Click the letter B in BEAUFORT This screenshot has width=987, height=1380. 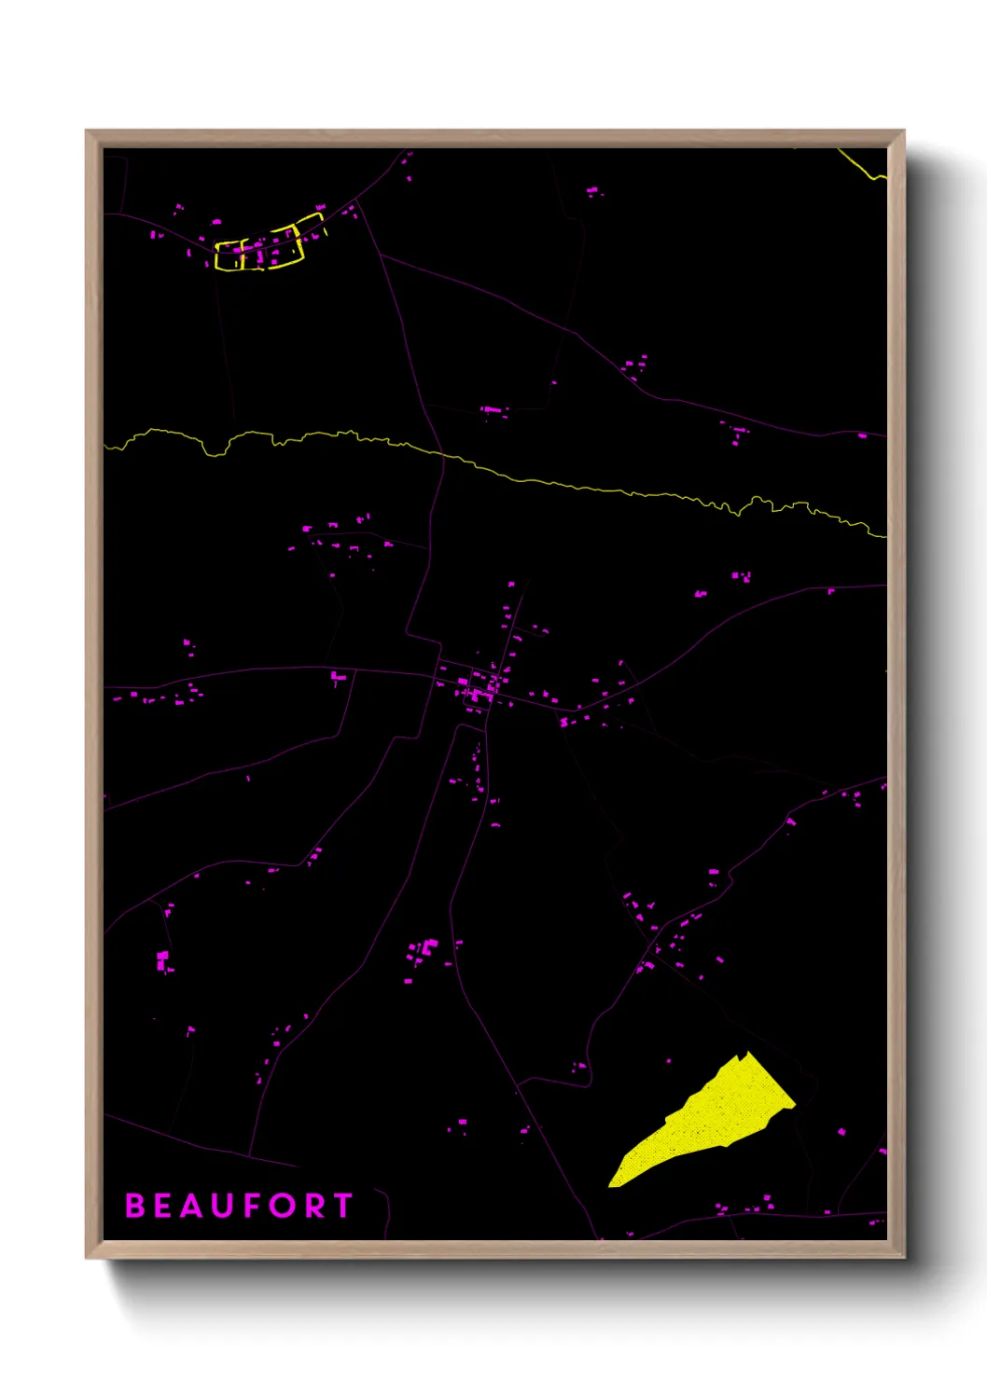[135, 1206]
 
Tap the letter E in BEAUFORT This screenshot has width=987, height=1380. [164, 1206]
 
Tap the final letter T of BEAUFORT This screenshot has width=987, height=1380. [342, 1206]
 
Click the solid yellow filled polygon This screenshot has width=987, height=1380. [718, 1119]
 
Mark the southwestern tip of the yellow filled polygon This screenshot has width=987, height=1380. [611, 1185]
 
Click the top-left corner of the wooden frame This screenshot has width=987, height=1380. [88, 132]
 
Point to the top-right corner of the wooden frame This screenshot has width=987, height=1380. [902, 132]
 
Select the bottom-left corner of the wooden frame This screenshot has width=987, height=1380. [88, 1256]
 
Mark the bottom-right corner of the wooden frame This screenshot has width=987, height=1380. [902, 1256]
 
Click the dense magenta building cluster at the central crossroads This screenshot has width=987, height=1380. [479, 691]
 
